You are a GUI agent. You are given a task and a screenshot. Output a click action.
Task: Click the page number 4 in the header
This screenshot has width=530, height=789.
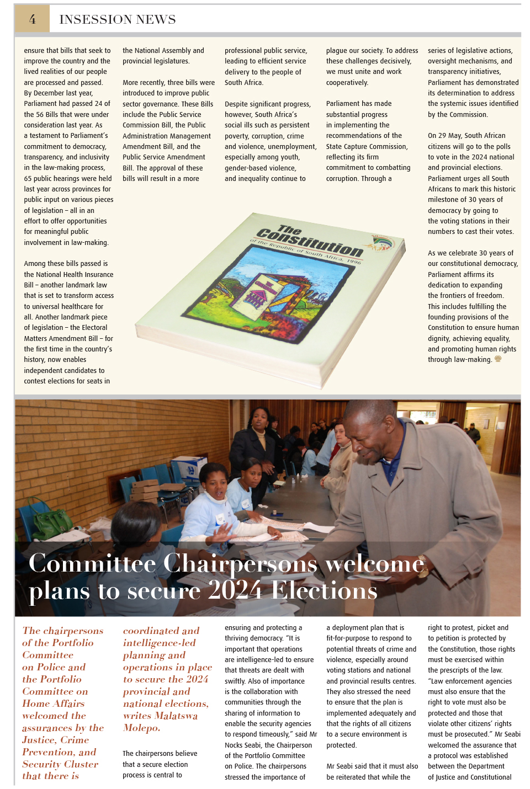point(33,19)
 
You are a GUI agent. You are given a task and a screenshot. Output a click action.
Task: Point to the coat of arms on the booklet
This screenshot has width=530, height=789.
point(383,243)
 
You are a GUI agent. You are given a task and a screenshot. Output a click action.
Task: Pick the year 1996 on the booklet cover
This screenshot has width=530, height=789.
point(353,260)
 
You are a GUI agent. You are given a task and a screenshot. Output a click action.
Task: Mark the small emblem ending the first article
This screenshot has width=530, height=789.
point(498,359)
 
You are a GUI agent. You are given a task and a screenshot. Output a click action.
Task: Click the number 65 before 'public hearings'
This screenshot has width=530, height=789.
point(28,179)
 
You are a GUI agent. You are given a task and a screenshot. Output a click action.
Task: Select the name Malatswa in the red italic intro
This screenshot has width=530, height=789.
point(176,716)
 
